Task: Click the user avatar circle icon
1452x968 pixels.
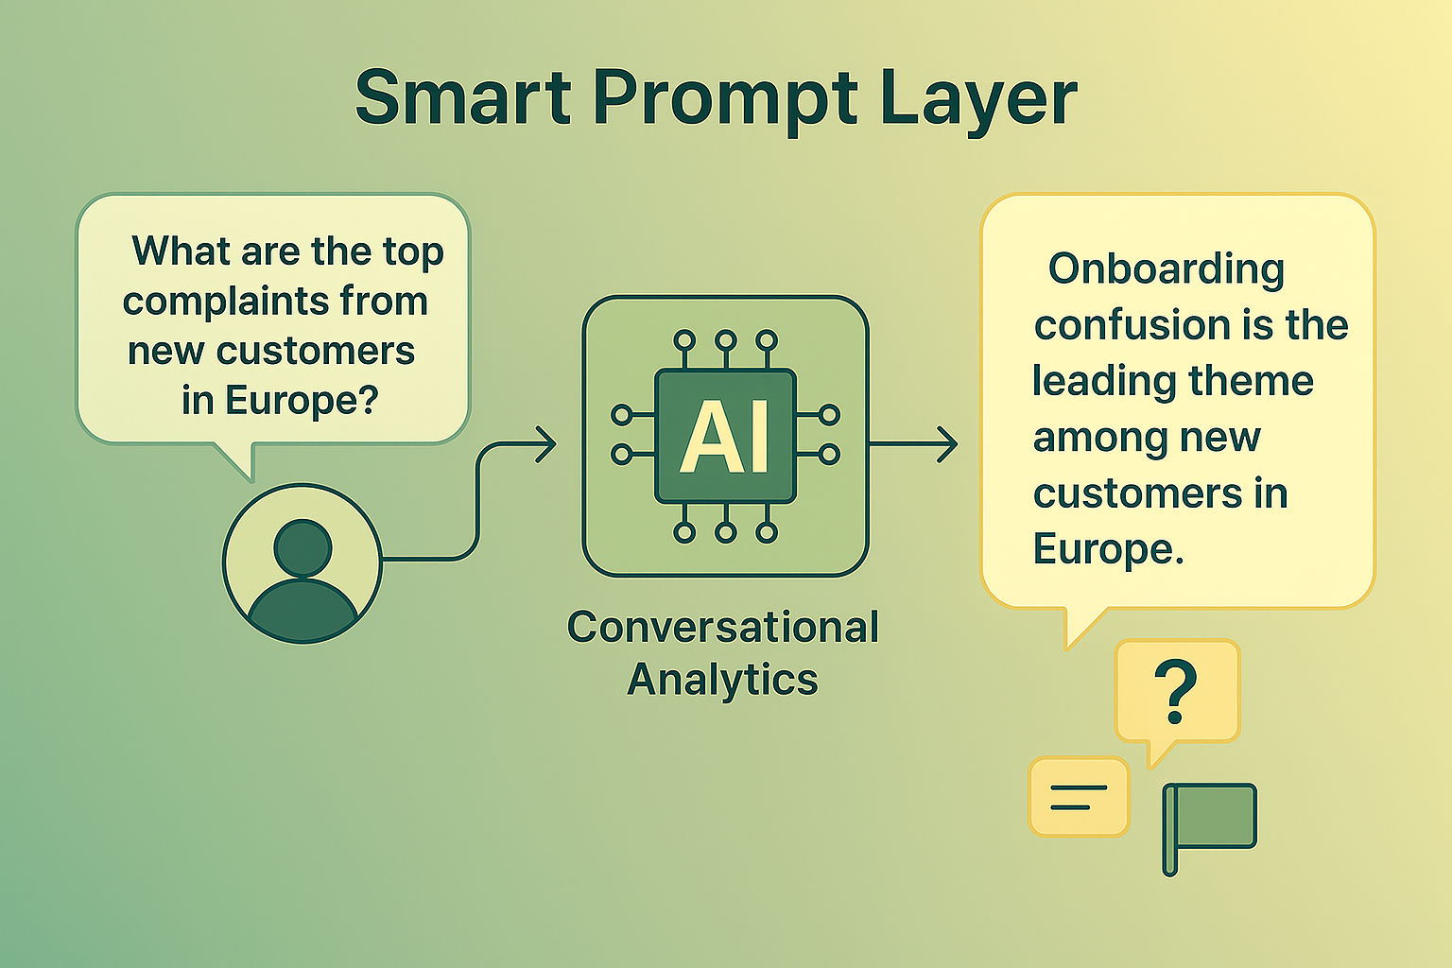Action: (302, 564)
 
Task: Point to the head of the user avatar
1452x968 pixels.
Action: (302, 546)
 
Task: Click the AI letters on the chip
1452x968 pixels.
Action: (725, 437)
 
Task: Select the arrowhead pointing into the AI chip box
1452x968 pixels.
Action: (546, 444)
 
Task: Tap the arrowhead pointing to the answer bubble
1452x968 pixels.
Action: (947, 444)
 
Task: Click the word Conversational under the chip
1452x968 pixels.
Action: (723, 628)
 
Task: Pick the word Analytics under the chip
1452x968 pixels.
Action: (723, 680)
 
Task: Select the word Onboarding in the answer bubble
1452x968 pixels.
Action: (1167, 269)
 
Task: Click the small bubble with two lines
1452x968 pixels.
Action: (1079, 797)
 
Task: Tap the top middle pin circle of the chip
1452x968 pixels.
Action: (726, 339)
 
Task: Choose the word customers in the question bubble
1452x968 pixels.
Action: (316, 352)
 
